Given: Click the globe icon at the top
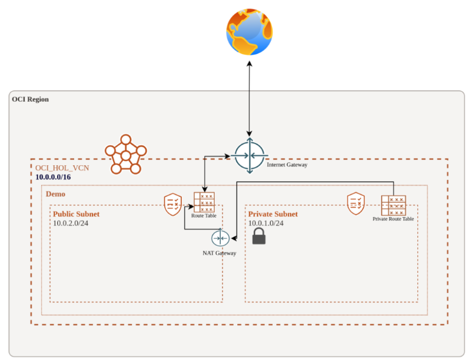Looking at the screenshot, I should [249, 32].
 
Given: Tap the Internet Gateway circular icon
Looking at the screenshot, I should [250, 156].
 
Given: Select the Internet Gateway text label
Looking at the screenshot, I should [287, 165].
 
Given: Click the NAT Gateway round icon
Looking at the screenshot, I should [220, 238].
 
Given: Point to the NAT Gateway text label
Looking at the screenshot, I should [219, 253].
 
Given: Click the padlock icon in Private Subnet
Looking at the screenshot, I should [259, 236].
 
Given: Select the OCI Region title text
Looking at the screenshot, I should [31, 99].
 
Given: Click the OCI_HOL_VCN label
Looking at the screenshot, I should [62, 168].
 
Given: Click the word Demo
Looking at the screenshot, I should [55, 194].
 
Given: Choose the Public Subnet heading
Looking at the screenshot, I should [77, 214].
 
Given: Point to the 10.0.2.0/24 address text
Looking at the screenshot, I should [71, 223].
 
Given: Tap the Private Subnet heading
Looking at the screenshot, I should [273, 214].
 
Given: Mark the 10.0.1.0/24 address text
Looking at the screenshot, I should [266, 223].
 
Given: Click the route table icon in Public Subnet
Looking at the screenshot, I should [204, 202].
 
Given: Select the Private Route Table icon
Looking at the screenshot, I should [393, 205].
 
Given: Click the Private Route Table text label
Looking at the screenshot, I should [393, 219].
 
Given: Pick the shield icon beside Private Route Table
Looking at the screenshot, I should [356, 203].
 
